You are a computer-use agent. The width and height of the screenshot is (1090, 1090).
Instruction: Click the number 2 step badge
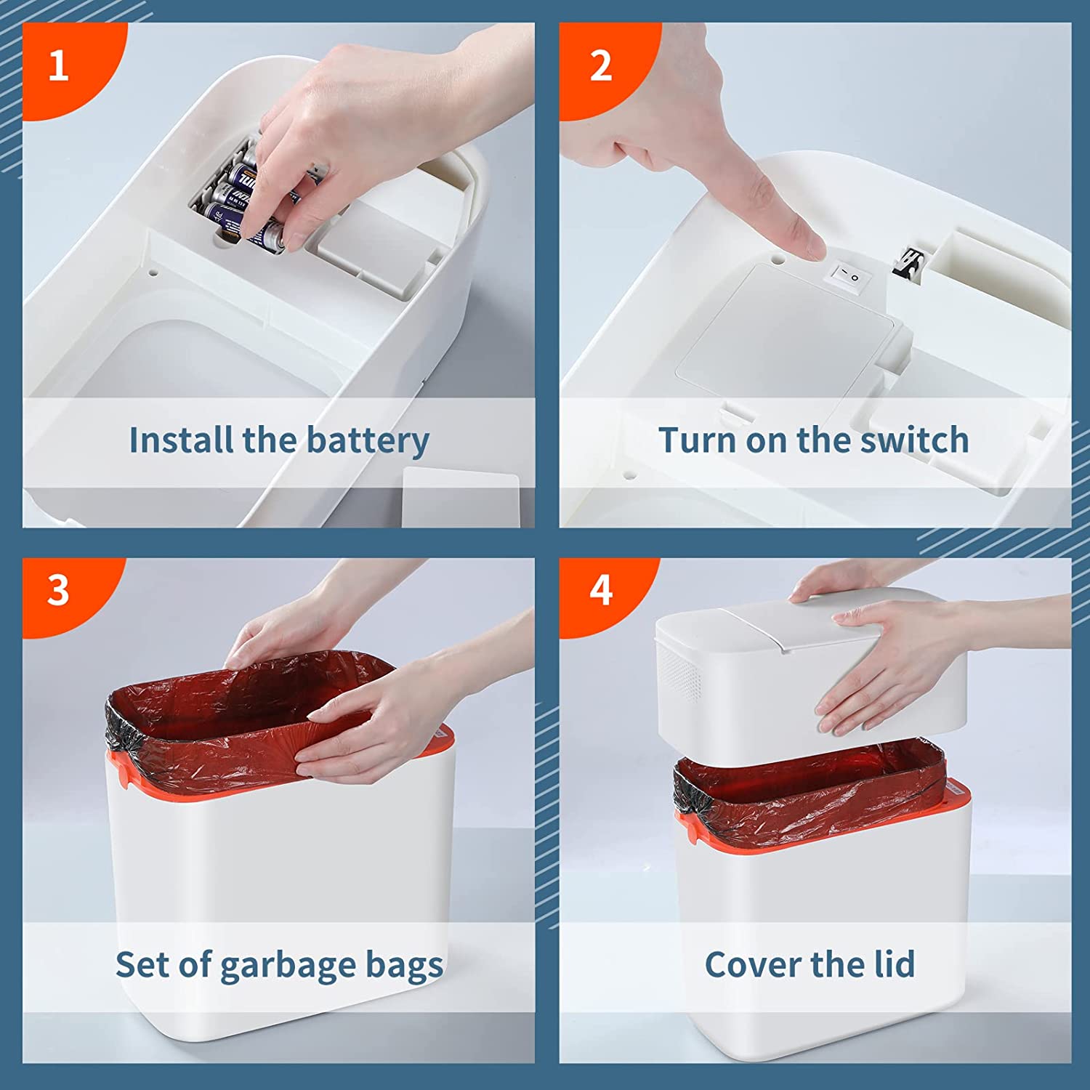pos(600,67)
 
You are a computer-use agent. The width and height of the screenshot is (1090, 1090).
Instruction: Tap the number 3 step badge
pos(58,591)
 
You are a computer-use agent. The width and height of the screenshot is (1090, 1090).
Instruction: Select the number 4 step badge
pos(600,591)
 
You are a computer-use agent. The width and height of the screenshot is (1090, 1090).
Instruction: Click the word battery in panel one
pos(368,441)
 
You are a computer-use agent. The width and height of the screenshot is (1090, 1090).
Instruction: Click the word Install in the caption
pos(180,440)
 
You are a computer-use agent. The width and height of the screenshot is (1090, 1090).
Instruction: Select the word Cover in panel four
pos(753,964)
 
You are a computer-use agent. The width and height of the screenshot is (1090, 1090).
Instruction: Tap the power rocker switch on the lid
pos(846,277)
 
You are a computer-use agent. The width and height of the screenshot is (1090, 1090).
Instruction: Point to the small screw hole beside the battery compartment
pos(153,274)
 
